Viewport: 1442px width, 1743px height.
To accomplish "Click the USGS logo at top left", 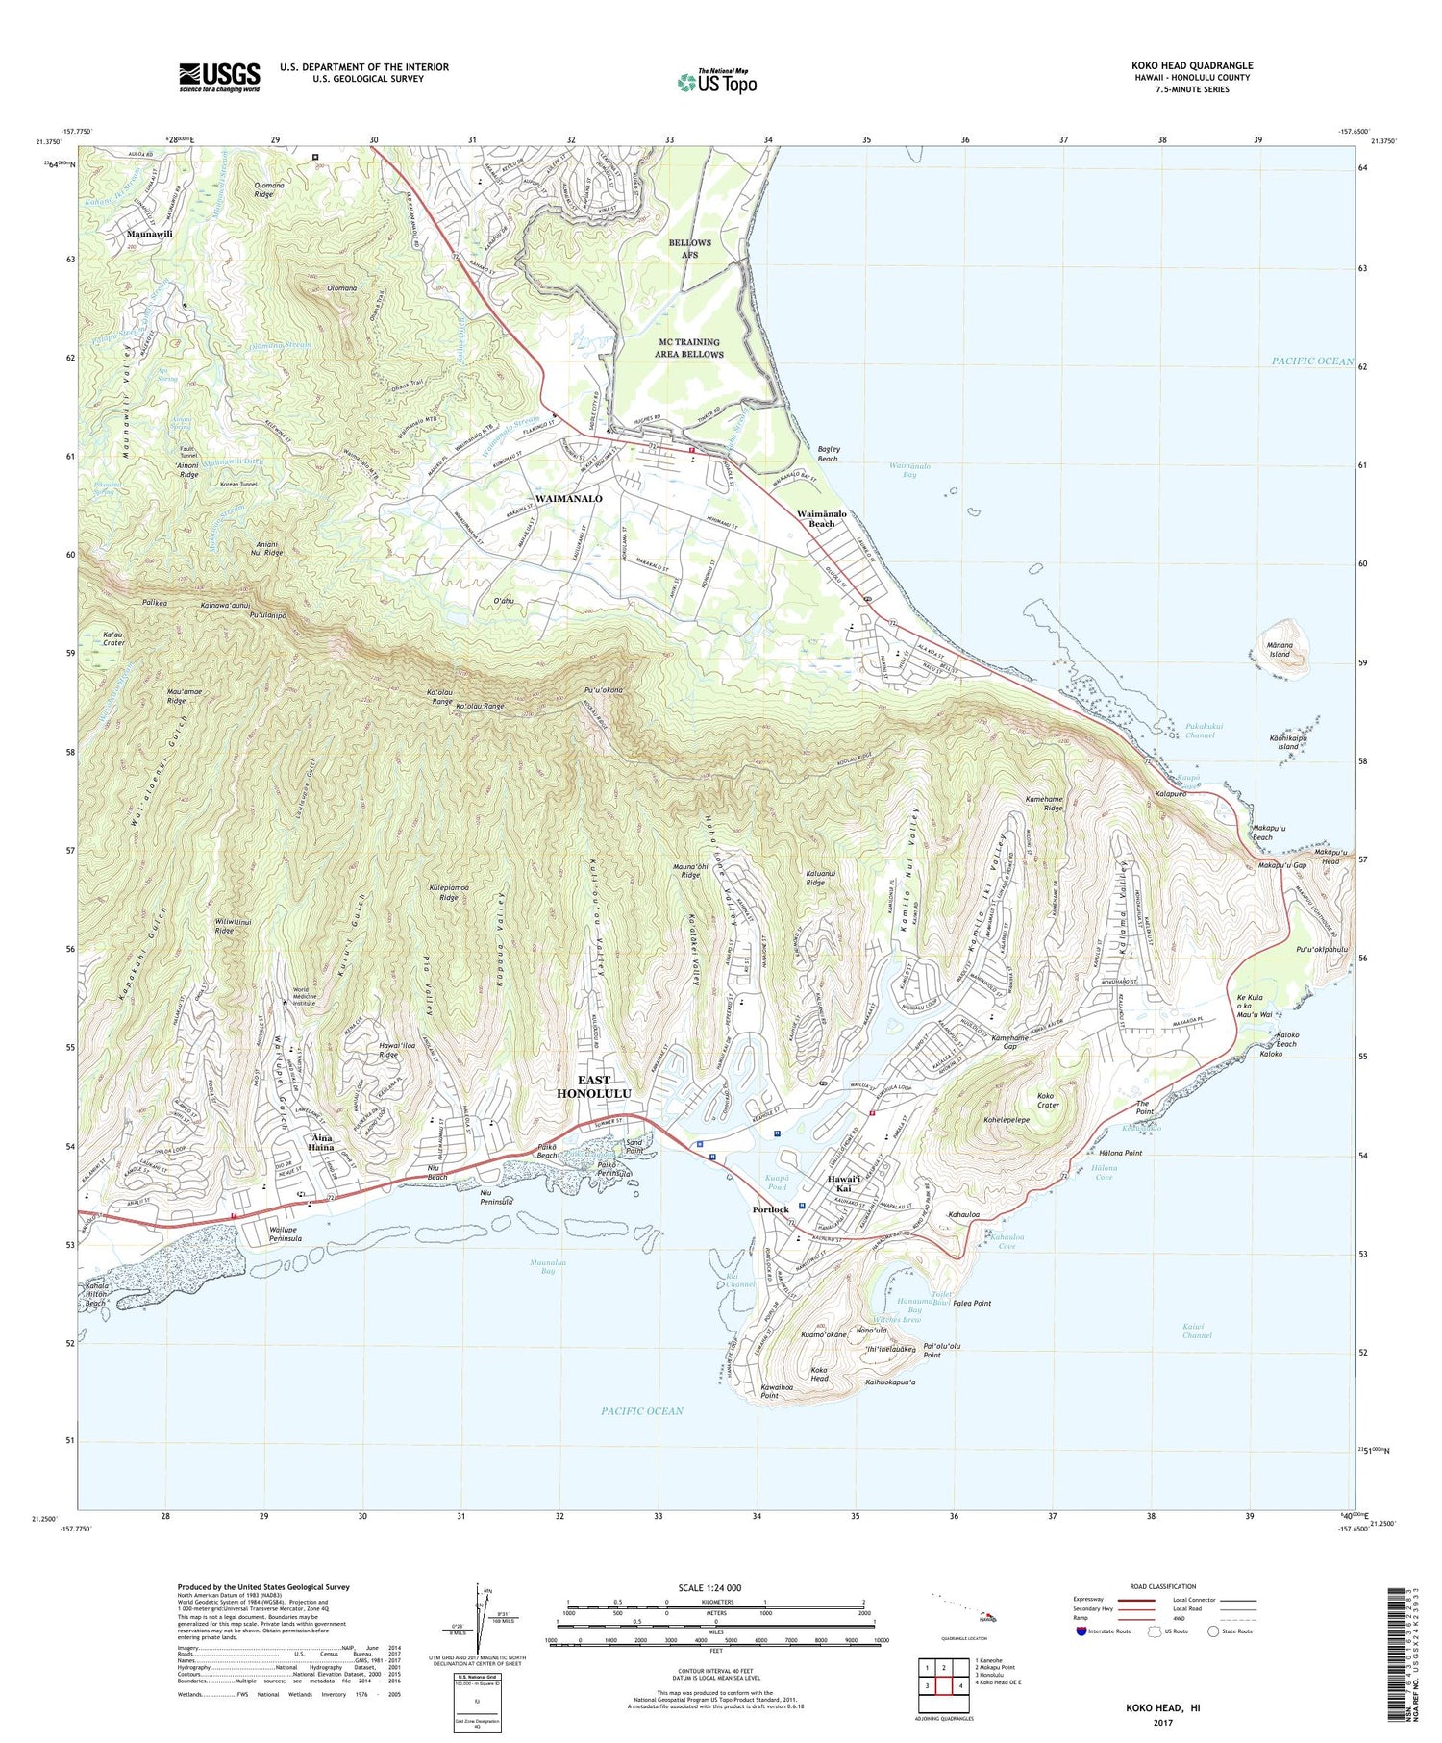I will [x=219, y=77].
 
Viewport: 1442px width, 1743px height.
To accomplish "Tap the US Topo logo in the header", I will [x=716, y=83].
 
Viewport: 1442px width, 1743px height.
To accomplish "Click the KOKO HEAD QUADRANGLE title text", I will [x=1192, y=65].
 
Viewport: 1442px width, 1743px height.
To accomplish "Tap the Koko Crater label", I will [x=1048, y=1100].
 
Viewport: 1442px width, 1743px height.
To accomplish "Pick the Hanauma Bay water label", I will [x=908, y=1305].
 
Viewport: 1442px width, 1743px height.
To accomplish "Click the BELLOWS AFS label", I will [x=690, y=248].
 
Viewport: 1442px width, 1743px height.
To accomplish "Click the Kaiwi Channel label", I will [x=1197, y=1331].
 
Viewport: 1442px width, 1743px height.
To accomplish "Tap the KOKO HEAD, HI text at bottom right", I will [x=1163, y=1708].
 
